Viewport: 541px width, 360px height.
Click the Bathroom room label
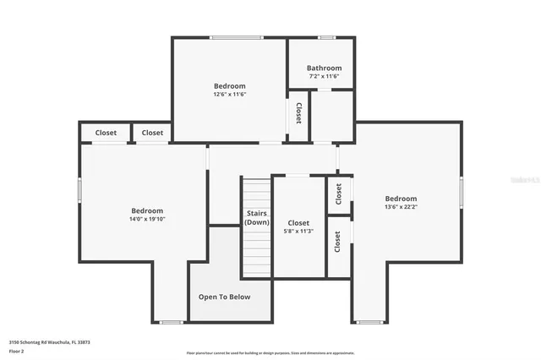click(324, 68)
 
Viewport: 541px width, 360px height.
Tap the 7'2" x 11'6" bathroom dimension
click(324, 77)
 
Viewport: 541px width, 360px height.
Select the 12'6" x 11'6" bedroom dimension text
click(229, 95)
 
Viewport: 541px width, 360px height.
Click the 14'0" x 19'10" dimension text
click(147, 219)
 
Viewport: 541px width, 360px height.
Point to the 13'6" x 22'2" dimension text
click(401, 207)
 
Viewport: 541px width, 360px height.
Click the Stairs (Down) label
click(257, 218)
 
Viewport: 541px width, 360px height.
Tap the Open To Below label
click(224, 297)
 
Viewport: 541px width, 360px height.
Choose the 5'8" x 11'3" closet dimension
click(298, 232)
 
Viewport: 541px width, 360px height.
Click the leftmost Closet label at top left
click(106, 133)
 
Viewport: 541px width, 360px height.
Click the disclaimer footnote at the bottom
click(270, 353)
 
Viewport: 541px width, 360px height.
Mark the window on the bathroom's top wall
click(325, 37)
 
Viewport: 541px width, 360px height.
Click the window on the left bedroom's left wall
click(80, 190)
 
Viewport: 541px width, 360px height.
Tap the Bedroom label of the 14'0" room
click(147, 210)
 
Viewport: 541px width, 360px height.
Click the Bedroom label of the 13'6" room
click(401, 199)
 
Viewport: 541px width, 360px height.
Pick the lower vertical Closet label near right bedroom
click(337, 243)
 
